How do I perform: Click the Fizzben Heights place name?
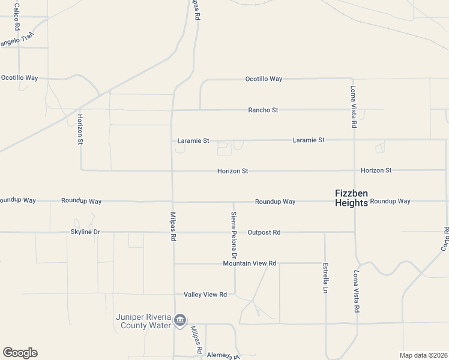[351, 198]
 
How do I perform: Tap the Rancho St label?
[264, 110]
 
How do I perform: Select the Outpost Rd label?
[264, 232]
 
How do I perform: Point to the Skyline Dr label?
[85, 232]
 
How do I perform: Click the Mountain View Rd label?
[249, 263]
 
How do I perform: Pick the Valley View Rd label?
[205, 295]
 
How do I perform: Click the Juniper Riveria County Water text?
[143, 321]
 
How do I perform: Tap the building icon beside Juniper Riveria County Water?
[179, 322]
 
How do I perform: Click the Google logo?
[20, 353]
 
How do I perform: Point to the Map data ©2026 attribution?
[424, 355]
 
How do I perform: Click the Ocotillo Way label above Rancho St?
[264, 79]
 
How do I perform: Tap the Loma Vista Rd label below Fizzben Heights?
[357, 292]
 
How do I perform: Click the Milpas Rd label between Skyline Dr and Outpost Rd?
[173, 226]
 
